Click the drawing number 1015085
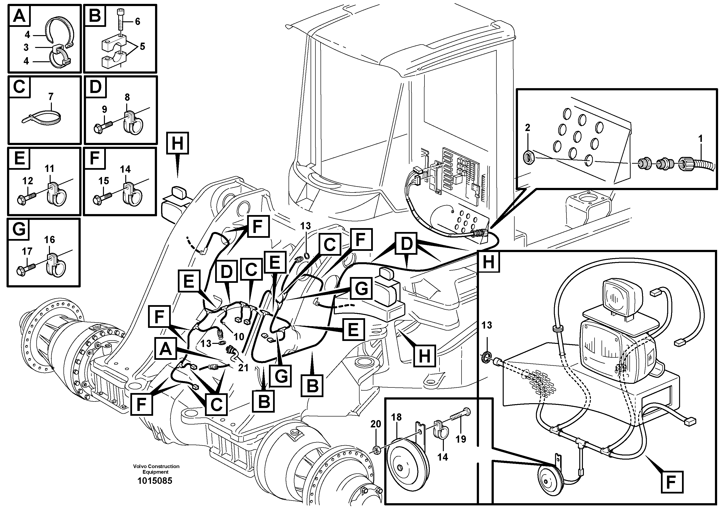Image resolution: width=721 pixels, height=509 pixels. pos(155,481)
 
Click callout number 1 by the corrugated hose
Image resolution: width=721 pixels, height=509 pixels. pos(700,139)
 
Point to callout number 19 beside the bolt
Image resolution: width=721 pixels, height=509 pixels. pos(461,439)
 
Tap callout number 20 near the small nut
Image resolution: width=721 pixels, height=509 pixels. pos(376,424)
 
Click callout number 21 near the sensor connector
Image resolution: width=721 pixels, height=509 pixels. pos(243,368)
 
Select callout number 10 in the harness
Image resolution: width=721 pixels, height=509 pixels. pos(239,337)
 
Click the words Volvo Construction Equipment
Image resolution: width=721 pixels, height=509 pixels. pos(156,469)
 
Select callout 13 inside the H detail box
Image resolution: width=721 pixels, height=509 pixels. pos(487,325)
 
